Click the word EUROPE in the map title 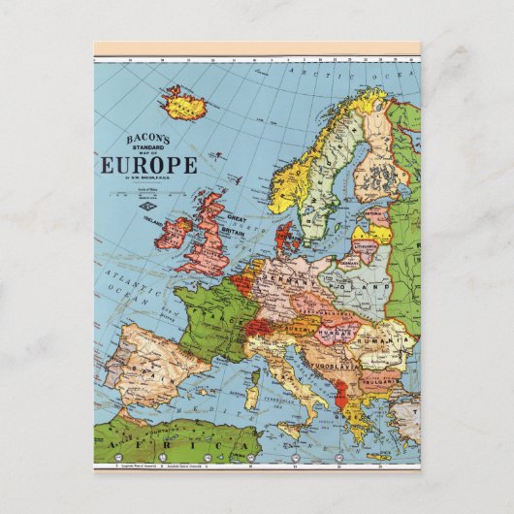tap(149, 164)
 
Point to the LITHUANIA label tap(366, 247)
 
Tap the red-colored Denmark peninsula tap(285, 239)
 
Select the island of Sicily tap(290, 428)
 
